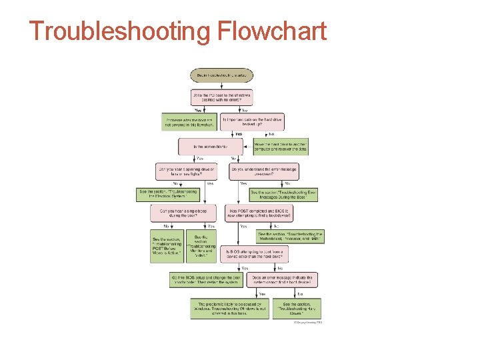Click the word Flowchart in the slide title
pyautogui.click(x=271, y=31)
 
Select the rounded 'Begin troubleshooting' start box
pyautogui.click(x=221, y=75)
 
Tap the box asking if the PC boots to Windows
pyautogui.click(x=221, y=97)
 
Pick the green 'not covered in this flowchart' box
pyautogui.click(x=189, y=121)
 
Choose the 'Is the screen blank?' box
pyautogui.click(x=213, y=146)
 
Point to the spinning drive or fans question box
pyautogui.click(x=185, y=171)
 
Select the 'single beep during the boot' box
pyautogui.click(x=184, y=213)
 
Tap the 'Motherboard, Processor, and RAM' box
pyautogui.click(x=291, y=237)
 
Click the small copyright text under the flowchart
pyautogui.click(x=309, y=323)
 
